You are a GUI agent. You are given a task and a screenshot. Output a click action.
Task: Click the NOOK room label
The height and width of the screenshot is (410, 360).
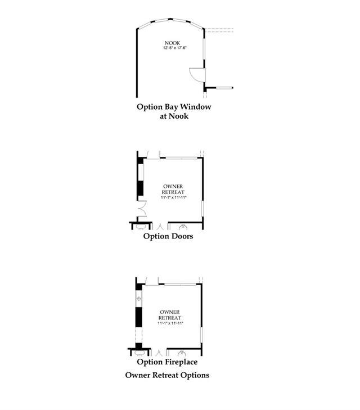(x=172, y=43)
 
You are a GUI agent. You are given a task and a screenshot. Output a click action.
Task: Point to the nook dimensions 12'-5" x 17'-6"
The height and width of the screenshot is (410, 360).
(x=174, y=48)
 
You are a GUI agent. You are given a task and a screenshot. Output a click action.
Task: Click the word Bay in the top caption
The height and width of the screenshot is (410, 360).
(x=172, y=107)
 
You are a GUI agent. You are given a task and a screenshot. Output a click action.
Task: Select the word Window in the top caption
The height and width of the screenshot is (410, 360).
(x=196, y=107)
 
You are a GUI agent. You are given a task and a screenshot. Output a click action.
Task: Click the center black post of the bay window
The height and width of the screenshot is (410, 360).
(x=170, y=19)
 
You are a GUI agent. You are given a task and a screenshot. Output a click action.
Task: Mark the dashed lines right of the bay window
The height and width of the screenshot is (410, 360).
(x=219, y=30)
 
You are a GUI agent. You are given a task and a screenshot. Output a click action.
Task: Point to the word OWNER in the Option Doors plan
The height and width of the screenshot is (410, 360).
(x=173, y=186)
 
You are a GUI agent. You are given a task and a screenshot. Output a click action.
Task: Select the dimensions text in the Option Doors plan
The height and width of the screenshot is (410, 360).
(x=174, y=197)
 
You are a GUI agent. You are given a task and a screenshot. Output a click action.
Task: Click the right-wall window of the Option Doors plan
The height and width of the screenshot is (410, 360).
(x=202, y=209)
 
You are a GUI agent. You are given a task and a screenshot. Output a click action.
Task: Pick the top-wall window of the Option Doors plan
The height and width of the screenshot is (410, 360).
(x=182, y=157)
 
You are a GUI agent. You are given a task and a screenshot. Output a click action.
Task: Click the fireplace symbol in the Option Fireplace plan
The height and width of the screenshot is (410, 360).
(x=138, y=298)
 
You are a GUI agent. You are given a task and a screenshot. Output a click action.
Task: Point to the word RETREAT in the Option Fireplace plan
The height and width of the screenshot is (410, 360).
(x=170, y=318)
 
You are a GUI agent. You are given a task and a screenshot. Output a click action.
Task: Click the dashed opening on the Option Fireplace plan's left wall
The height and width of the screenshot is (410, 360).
(x=138, y=335)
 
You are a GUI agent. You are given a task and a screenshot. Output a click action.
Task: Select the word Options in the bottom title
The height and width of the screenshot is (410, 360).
(x=195, y=376)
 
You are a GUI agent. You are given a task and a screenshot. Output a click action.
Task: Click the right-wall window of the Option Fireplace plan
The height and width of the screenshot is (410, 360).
(x=201, y=335)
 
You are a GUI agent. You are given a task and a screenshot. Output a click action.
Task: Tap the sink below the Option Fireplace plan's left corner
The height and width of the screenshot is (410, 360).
(x=139, y=353)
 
